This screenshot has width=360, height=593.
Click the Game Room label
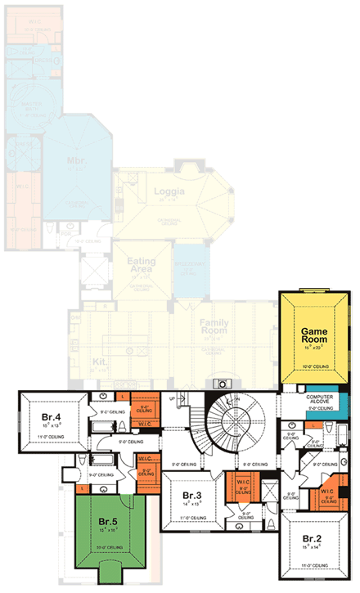click(308, 336)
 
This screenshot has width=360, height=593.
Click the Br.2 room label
click(311, 538)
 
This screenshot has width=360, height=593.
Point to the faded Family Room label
click(215, 327)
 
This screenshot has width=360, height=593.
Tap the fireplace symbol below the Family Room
click(221, 384)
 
